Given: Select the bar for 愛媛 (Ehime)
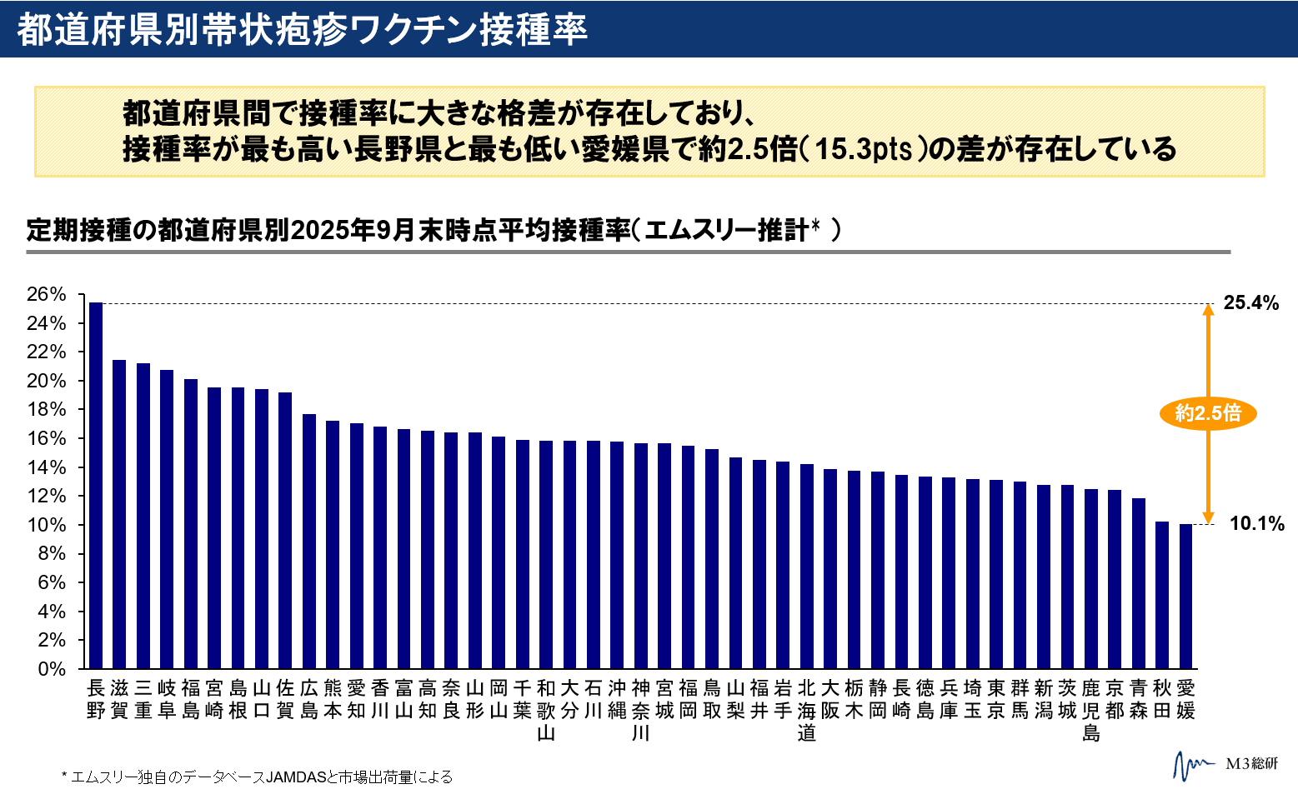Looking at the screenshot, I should coord(1185,596).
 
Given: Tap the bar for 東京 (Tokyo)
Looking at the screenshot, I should coord(995,574).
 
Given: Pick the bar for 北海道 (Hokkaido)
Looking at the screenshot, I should coord(806,567).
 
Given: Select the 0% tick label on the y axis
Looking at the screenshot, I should coord(51,669).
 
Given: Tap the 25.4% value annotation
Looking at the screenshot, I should coord(1250,303).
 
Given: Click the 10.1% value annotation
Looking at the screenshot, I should coord(1256,524).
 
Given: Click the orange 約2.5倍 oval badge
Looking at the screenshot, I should coord(1207,412).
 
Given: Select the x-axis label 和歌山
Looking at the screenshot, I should coord(546,710).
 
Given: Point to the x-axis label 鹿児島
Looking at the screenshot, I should coord(1090,710).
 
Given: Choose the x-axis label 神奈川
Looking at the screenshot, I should coord(640,710).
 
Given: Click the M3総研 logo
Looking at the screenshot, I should coord(1225,763).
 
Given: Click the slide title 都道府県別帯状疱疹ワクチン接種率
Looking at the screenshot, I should coord(302,29).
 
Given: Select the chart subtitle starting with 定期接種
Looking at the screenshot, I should coord(434,230).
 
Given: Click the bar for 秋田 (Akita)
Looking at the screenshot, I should coord(1161,595).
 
